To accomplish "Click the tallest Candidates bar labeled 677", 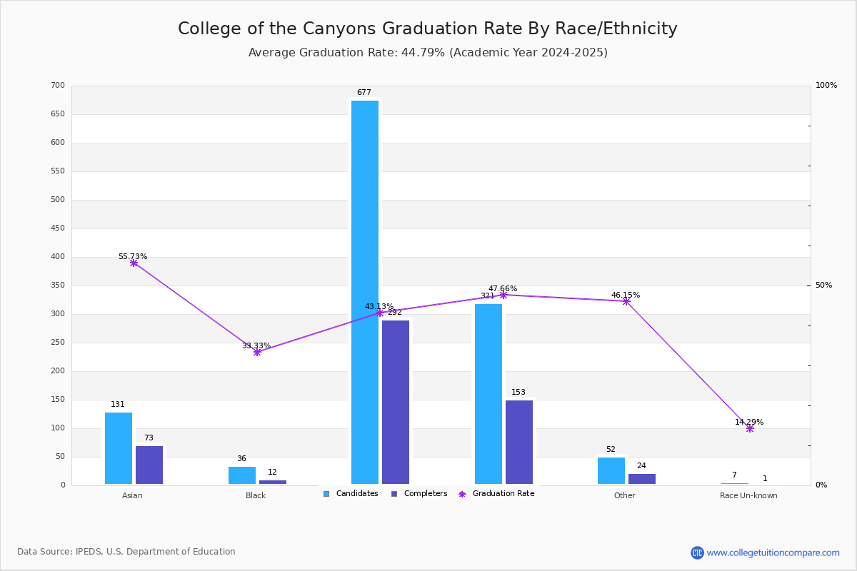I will coord(365,292).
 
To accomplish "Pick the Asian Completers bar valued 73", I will coord(149,465).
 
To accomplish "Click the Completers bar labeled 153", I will coord(519,442).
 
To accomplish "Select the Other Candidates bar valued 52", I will coord(611,470).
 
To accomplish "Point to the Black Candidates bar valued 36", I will coord(242,475).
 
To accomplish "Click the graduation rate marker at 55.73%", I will coord(134,263).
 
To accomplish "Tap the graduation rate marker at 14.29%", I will coord(750,428).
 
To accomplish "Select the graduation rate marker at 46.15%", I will coord(626,301).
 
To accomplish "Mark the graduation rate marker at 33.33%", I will coord(257,352).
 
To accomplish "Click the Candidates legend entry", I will coord(351,494).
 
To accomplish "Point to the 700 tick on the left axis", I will coord(58,86).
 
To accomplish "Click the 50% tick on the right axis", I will coord(823,285).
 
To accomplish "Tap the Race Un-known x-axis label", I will coord(748,495).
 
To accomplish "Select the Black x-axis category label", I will coord(256,495).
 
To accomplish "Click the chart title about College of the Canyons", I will coord(427,29).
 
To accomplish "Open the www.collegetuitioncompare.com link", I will coord(773,552).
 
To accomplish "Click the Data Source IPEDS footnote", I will coord(126,552).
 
